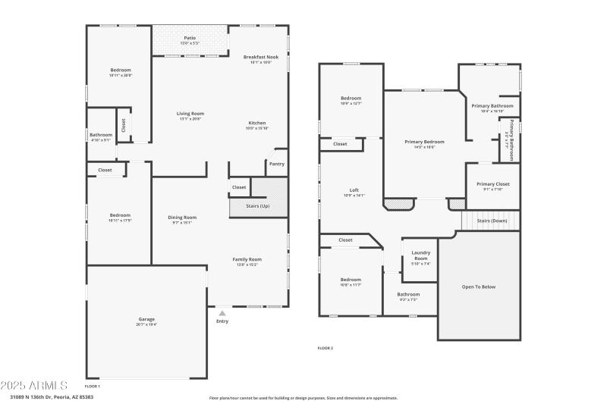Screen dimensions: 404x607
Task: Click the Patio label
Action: (190, 38)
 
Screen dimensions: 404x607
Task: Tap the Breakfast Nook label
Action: (260, 57)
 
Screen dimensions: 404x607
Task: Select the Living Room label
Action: (191, 114)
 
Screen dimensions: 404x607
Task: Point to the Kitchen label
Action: (257, 123)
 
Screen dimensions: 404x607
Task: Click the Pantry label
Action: (276, 164)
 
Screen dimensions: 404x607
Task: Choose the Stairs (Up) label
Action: (258, 206)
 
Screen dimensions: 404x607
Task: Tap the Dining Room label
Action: (182, 218)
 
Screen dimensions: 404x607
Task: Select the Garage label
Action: (146, 319)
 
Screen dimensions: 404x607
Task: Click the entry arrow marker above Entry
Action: (222, 312)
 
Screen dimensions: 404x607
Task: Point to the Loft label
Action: (354, 190)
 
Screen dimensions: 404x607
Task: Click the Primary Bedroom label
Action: (424, 142)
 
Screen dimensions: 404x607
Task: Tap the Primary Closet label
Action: (492, 184)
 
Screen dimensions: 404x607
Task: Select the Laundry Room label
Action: (420, 255)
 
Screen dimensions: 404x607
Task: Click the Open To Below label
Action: (479, 287)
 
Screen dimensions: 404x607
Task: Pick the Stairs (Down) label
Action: (492, 221)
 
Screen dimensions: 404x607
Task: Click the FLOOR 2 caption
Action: (325, 348)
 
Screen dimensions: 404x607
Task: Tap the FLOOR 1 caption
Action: (93, 387)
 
